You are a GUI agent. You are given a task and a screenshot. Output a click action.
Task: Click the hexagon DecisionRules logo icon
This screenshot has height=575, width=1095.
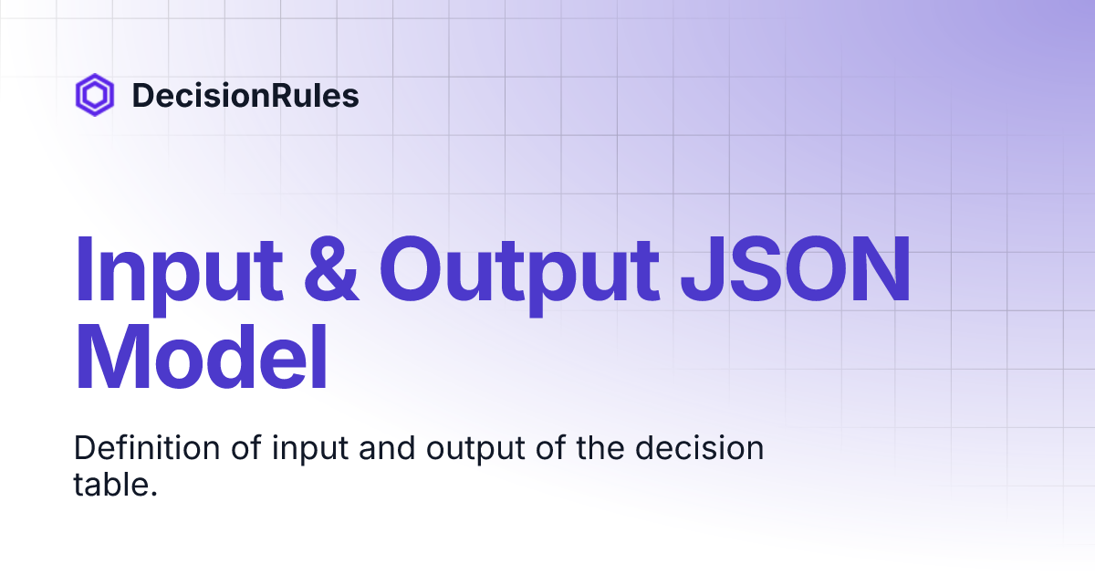coord(94,95)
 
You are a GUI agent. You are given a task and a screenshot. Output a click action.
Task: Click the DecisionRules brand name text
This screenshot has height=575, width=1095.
coord(245,96)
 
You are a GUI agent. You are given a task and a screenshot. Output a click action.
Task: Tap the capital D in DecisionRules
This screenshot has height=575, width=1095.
coord(142,96)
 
